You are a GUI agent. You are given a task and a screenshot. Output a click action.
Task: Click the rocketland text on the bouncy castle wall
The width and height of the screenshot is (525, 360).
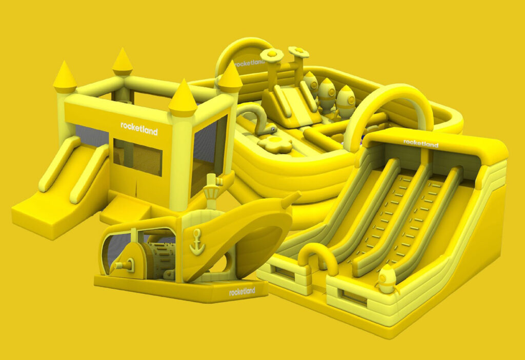pyautogui.click(x=139, y=129)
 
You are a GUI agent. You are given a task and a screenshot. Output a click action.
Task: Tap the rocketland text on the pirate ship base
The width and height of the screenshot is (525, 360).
pyautogui.click(x=242, y=292)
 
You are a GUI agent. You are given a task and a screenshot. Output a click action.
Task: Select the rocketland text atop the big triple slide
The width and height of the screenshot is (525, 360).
pyautogui.click(x=420, y=143)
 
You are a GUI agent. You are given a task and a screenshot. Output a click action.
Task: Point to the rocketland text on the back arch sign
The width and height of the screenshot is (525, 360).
pyautogui.click(x=250, y=63)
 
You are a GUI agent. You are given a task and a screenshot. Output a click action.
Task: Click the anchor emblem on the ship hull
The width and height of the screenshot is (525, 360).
pyautogui.click(x=197, y=242)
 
